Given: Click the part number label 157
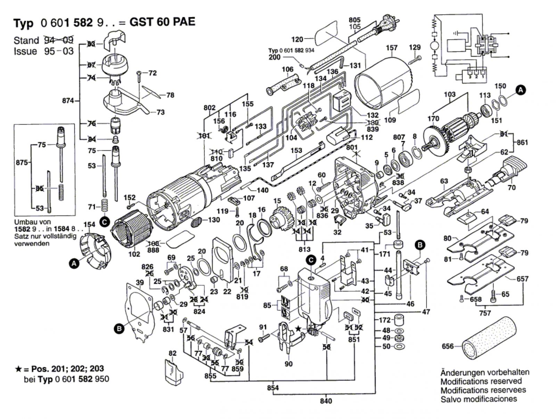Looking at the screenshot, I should click(392, 48).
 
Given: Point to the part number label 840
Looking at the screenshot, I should click(326, 401).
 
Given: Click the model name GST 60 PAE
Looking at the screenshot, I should click(162, 22).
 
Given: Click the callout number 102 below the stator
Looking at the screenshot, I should click(134, 254).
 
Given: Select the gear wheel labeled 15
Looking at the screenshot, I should click(280, 218).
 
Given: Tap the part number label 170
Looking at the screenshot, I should click(433, 119).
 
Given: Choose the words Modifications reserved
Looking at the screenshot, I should click(481, 381).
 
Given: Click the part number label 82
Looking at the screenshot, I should click(173, 353).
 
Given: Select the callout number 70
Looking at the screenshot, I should click(512, 188).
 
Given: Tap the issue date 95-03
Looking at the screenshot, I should click(59, 51).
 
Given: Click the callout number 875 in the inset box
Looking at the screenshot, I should click(22, 162).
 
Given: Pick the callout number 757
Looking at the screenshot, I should click(485, 313).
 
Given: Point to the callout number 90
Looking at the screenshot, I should click(288, 364).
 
